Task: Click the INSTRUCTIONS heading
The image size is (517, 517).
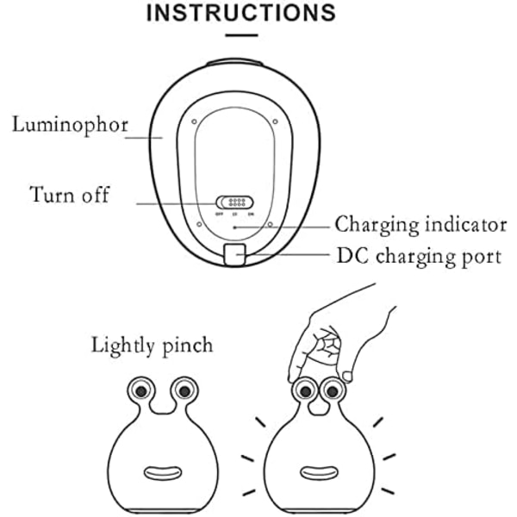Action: tap(240, 13)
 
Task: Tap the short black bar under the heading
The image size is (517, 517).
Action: tap(241, 36)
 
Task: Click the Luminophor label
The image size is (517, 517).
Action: tap(70, 124)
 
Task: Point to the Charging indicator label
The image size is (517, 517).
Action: tap(420, 226)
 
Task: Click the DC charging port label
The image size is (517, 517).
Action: tap(419, 256)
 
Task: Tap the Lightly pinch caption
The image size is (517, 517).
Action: tap(153, 346)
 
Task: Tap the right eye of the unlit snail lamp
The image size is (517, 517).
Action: tap(184, 391)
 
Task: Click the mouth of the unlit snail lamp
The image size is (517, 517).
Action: tap(160, 473)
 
